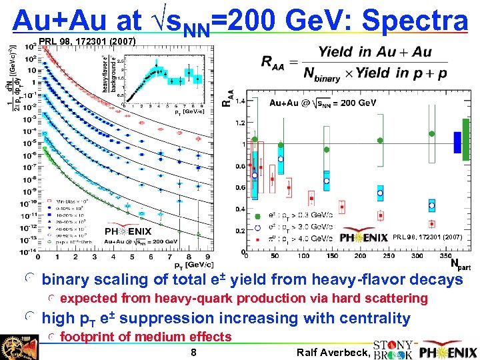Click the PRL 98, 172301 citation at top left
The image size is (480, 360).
(x=88, y=42)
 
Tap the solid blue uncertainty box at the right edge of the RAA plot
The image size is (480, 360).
(x=457, y=141)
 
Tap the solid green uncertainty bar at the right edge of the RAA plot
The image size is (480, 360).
(x=465, y=145)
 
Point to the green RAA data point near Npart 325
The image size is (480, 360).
(x=432, y=133)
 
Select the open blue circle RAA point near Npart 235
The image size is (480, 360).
(x=381, y=193)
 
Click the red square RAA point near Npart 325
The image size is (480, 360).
(x=432, y=224)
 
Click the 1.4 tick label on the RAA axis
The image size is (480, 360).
(x=239, y=101)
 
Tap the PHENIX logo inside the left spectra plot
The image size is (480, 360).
(x=128, y=231)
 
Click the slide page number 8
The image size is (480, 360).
(x=193, y=353)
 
